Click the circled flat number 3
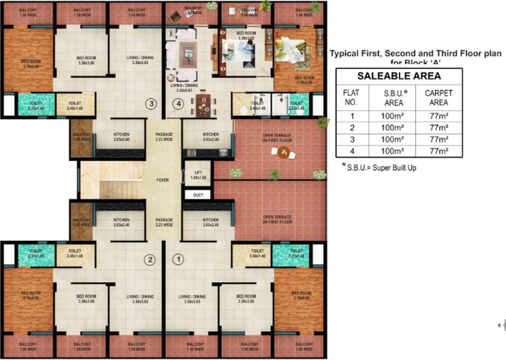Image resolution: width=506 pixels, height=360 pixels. point(150,104)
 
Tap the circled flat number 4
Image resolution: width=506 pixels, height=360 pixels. point(177,105)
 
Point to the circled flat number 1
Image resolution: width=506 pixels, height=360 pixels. point(178,259)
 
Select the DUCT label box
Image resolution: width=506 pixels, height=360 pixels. point(198,195)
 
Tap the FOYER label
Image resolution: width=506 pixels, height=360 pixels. point(162,180)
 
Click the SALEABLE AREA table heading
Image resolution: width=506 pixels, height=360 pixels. point(399,76)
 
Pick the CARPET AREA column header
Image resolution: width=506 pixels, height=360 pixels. point(438,97)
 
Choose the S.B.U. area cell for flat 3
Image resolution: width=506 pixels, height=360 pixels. point(392,139)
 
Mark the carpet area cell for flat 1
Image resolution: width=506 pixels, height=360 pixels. point(439,116)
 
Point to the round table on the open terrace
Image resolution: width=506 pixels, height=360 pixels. point(283,152)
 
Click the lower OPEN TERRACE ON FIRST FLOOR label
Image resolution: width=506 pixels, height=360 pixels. point(277,219)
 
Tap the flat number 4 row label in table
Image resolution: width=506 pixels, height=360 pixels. point(352,151)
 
